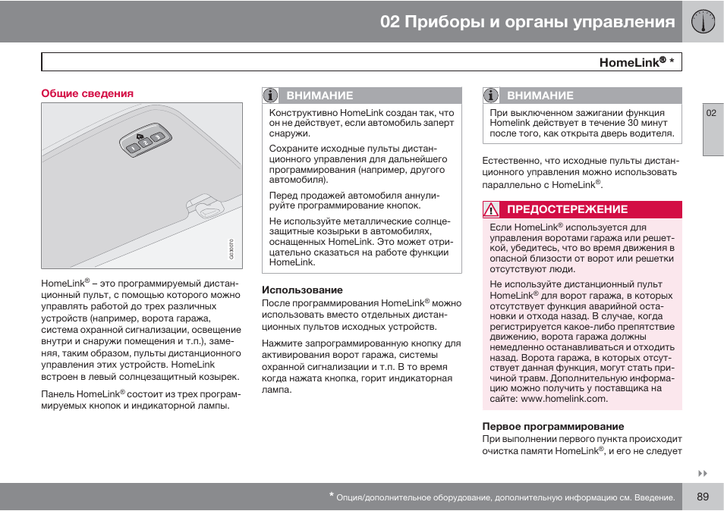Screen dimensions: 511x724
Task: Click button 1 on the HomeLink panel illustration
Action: point(132,149)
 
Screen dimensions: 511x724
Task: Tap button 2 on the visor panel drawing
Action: point(145,143)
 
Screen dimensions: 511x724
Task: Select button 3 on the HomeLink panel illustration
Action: point(158,137)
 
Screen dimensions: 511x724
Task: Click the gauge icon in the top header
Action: point(703,22)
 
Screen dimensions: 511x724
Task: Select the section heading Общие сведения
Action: point(87,93)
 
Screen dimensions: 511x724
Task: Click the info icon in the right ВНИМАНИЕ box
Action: point(492,96)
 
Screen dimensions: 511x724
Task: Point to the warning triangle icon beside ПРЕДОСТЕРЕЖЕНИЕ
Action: point(492,210)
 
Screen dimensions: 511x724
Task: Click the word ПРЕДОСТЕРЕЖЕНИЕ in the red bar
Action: point(567,210)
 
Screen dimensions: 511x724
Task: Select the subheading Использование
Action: point(302,290)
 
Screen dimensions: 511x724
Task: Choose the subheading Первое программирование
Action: point(553,426)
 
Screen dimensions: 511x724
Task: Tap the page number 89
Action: point(702,497)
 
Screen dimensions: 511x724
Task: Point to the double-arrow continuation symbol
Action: point(702,474)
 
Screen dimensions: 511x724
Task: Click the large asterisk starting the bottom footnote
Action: point(332,496)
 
